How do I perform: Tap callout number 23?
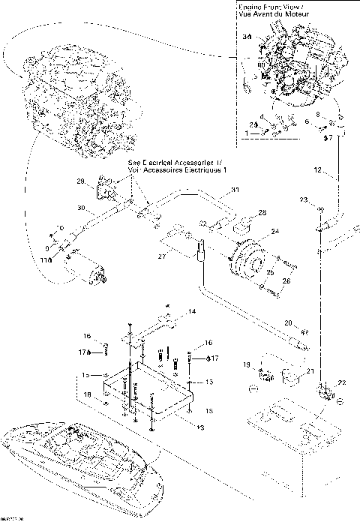click(x=304, y=199)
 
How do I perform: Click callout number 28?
click(x=262, y=213)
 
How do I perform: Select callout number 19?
click(x=245, y=364)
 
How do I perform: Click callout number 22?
click(x=343, y=383)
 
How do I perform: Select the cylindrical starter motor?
click(x=87, y=266)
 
